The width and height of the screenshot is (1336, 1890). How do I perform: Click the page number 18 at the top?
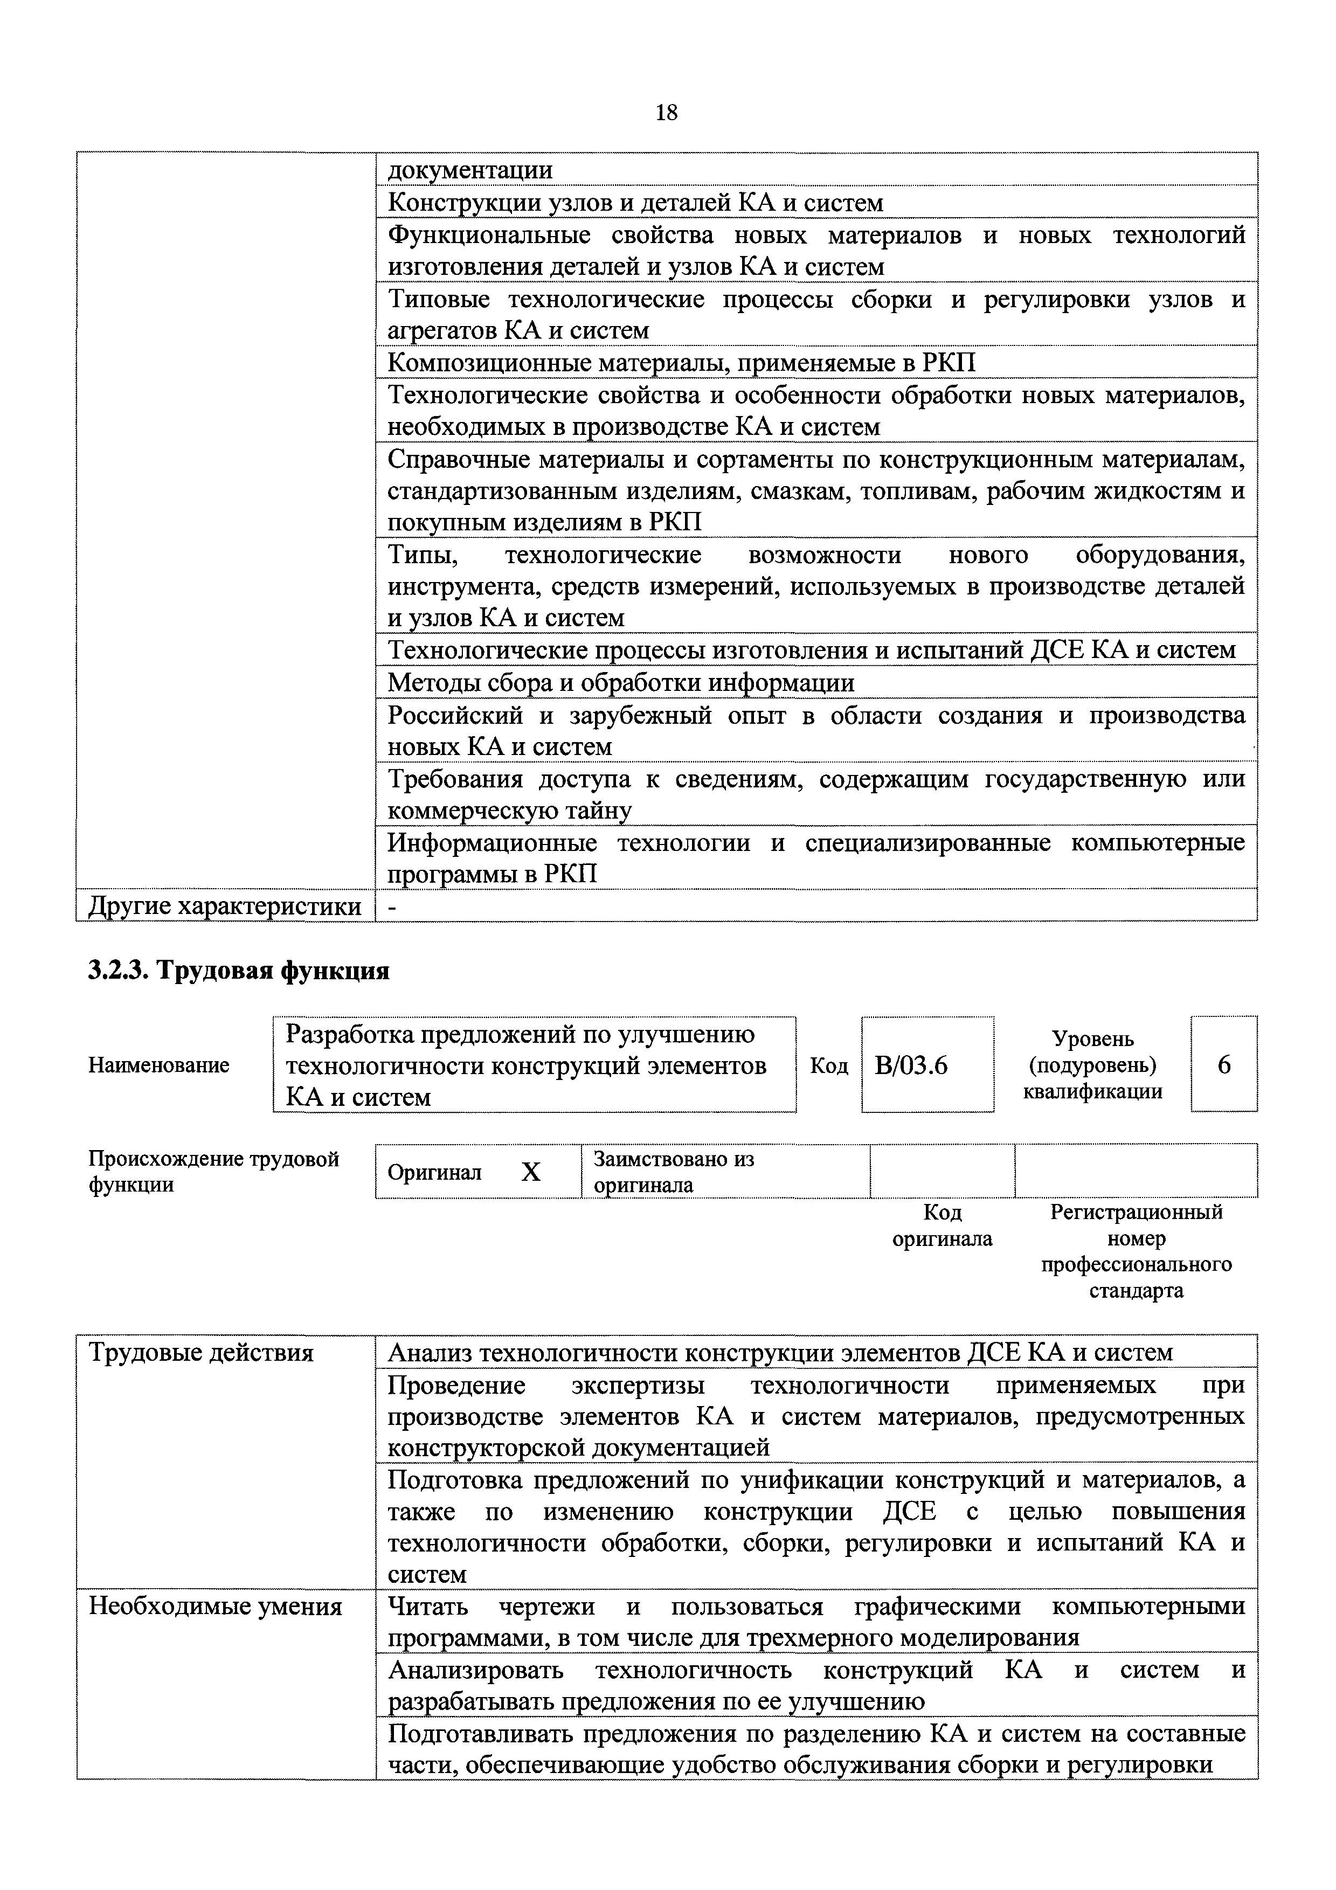pyautogui.click(x=666, y=113)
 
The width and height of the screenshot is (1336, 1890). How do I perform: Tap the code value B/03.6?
pyautogui.click(x=911, y=1065)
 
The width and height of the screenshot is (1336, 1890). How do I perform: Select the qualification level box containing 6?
pyautogui.click(x=1223, y=1065)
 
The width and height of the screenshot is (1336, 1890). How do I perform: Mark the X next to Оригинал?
pyautogui.click(x=531, y=1172)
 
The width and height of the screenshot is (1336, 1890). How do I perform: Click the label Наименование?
pyautogui.click(x=158, y=1065)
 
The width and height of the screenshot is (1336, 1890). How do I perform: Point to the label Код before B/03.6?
pyautogui.click(x=828, y=1065)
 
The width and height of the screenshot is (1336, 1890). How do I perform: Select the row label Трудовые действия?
pyautogui.click(x=201, y=1353)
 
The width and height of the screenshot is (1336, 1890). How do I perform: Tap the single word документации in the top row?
pyautogui.click(x=470, y=170)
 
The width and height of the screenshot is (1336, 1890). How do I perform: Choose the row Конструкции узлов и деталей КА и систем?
pyautogui.click(x=635, y=203)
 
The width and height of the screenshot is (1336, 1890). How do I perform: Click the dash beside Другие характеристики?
pyautogui.click(x=392, y=906)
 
